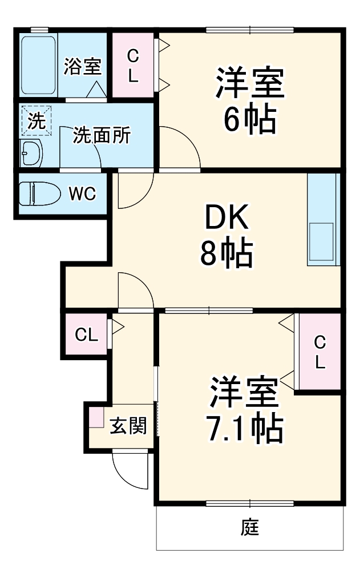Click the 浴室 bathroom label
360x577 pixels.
point(82,66)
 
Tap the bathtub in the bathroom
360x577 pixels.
point(38,66)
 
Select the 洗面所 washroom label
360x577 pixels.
point(102,136)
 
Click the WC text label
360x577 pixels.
point(82,193)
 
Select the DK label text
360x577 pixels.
point(226,217)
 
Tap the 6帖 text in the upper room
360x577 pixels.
point(249,119)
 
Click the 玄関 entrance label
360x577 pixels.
point(128,425)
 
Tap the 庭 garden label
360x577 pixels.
point(249,528)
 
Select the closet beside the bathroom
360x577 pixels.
point(133,65)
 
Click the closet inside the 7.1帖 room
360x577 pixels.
point(319,352)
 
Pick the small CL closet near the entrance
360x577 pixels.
point(86,335)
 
